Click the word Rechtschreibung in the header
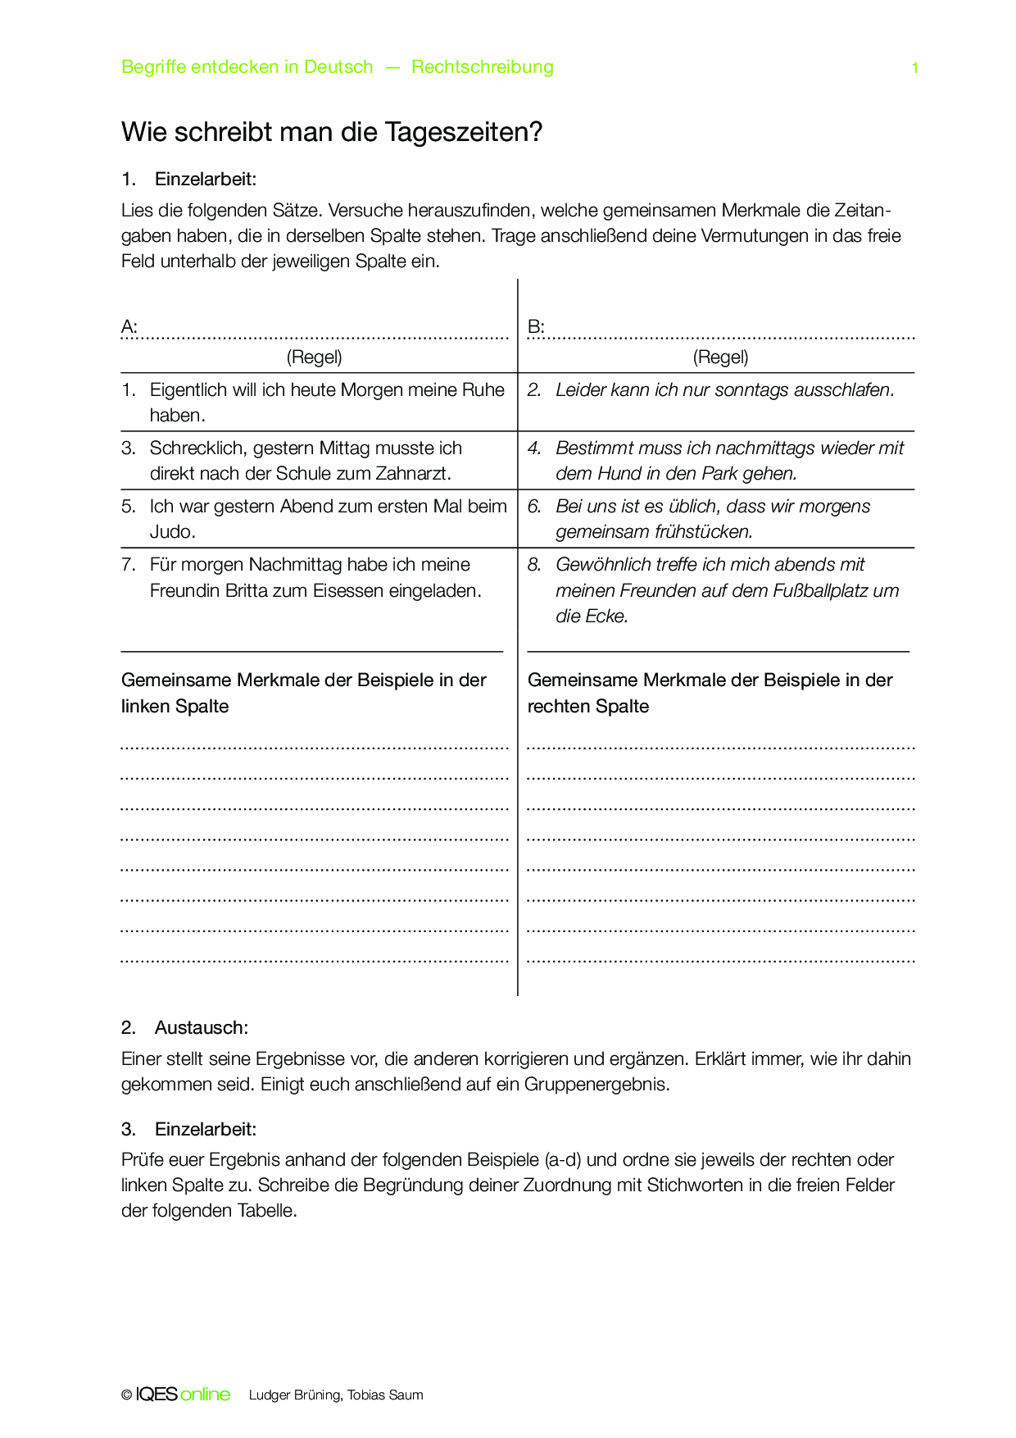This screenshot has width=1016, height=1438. [482, 67]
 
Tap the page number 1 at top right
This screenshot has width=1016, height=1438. [915, 68]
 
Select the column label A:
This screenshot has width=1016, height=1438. [129, 327]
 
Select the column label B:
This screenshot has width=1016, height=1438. [536, 327]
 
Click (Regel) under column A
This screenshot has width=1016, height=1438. [315, 357]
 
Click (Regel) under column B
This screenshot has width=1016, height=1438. [720, 357]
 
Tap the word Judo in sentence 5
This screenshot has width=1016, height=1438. [170, 532]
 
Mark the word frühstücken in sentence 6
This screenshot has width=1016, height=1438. [703, 532]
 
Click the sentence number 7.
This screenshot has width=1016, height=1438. [128, 565]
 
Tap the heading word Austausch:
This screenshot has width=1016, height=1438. [201, 1028]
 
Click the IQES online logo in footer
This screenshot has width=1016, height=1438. [182, 1395]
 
